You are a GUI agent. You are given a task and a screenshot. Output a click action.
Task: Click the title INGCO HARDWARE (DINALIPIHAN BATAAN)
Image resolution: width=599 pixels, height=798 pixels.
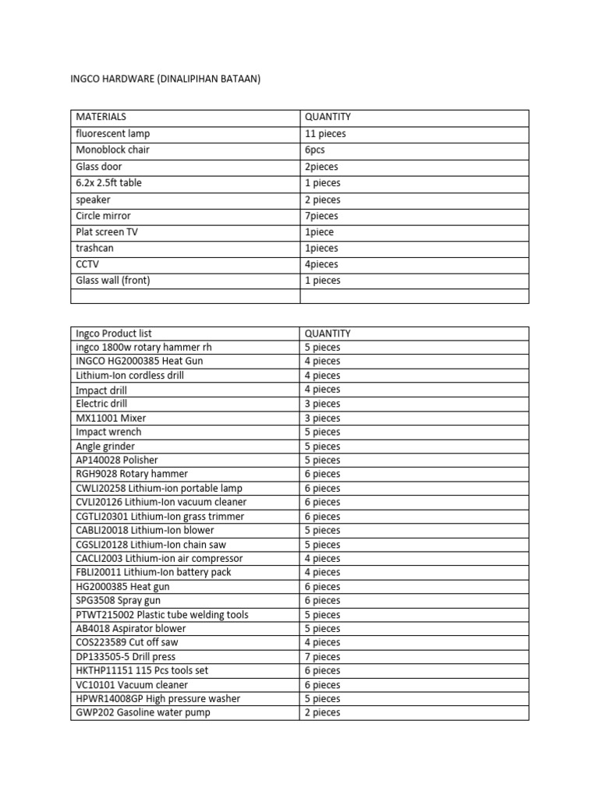(165, 79)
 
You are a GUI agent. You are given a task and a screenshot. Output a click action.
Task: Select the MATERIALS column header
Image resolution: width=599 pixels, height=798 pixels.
(101, 117)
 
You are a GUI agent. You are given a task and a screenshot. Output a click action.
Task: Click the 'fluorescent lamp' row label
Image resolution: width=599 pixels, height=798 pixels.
(112, 134)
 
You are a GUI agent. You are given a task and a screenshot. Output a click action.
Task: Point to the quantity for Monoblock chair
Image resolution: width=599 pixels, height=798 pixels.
(315, 150)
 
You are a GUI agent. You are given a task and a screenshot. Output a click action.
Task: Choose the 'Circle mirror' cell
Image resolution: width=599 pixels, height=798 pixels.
(103, 216)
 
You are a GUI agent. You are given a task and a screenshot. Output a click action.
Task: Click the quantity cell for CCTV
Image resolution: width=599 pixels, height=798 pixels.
(322, 264)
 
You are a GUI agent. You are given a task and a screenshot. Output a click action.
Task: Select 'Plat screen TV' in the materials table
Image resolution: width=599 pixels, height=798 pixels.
(107, 232)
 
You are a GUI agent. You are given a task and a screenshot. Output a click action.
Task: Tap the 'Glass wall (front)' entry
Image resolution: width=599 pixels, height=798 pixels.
(112, 281)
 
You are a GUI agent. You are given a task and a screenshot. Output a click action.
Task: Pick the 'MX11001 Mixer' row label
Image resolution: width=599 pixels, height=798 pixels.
(111, 418)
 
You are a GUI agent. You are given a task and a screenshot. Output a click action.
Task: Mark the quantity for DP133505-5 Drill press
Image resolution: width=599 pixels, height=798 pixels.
(323, 656)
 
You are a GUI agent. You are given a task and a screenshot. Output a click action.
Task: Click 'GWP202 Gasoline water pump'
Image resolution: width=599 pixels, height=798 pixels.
(143, 712)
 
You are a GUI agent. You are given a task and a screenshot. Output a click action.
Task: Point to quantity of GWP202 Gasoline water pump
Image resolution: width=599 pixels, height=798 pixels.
(323, 712)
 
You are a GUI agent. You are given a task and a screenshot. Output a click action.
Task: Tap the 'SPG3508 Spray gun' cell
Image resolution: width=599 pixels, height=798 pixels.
(118, 600)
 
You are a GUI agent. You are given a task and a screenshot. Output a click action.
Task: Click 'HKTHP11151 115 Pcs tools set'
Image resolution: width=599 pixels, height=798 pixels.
(142, 670)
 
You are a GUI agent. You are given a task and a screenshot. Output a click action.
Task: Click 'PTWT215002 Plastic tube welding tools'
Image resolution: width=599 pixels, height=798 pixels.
(162, 614)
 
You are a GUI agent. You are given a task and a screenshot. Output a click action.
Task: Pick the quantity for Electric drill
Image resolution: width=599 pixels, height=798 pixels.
(323, 404)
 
